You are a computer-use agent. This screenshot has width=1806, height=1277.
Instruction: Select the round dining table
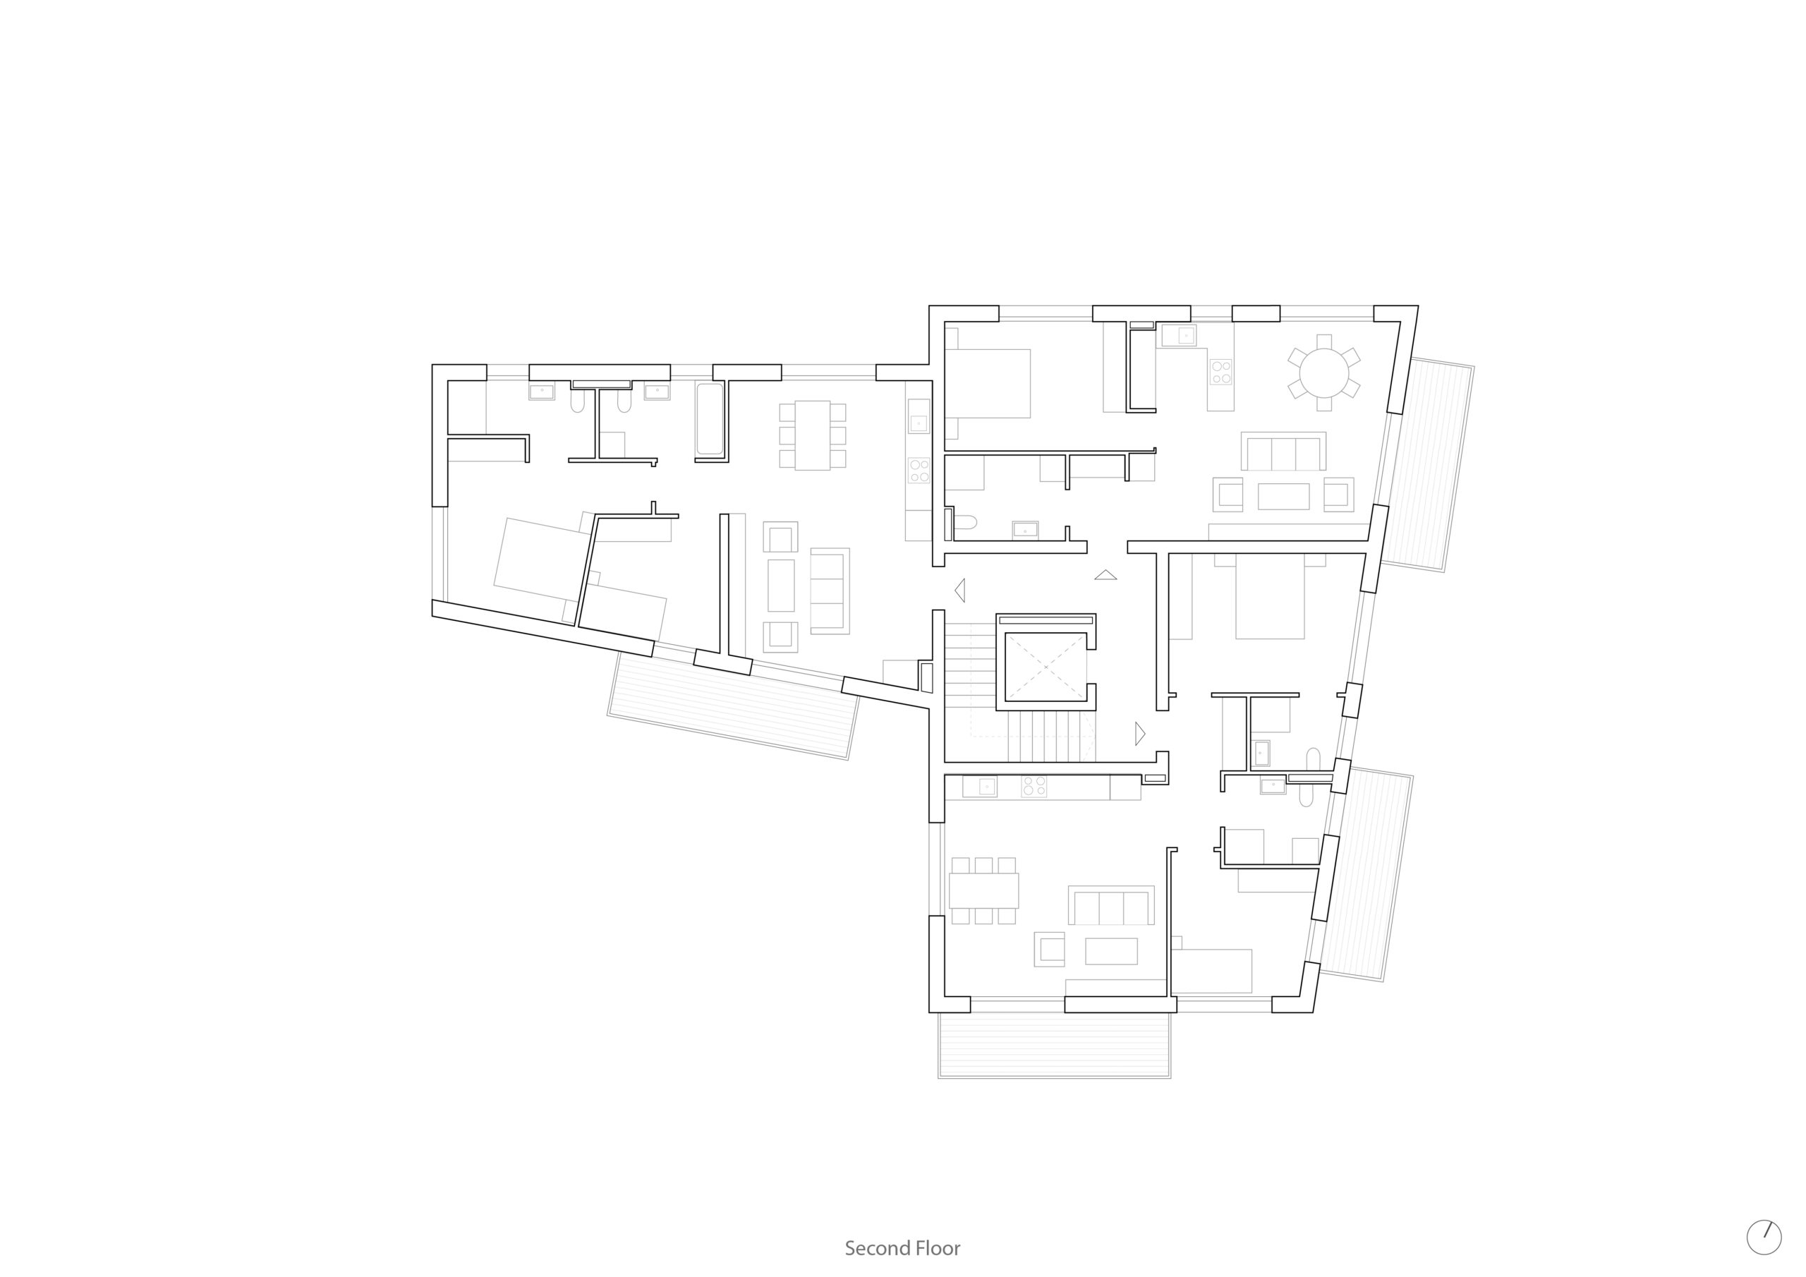pyautogui.click(x=1324, y=373)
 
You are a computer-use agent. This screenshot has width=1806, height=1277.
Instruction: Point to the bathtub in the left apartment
pyautogui.click(x=710, y=418)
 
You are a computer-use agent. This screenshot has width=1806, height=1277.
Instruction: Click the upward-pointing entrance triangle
pyautogui.click(x=1105, y=574)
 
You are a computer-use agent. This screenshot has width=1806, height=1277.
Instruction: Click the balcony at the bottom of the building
pyautogui.click(x=1054, y=1044)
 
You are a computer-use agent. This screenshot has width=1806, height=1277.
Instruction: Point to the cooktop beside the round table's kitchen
pyautogui.click(x=1220, y=371)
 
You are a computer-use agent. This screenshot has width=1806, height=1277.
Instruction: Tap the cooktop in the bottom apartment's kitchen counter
pyautogui.click(x=1034, y=786)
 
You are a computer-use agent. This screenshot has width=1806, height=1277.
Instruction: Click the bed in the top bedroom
pyautogui.click(x=988, y=383)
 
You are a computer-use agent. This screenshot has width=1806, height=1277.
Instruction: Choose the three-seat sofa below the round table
pyautogui.click(x=1283, y=451)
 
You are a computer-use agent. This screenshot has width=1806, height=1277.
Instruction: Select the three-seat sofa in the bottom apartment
pyautogui.click(x=1110, y=905)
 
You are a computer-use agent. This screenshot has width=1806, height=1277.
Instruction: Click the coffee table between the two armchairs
pyautogui.click(x=1283, y=497)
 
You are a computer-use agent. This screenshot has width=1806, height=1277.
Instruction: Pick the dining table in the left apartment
pyautogui.click(x=813, y=435)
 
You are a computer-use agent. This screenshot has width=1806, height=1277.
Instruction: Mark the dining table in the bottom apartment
pyautogui.click(x=983, y=890)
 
